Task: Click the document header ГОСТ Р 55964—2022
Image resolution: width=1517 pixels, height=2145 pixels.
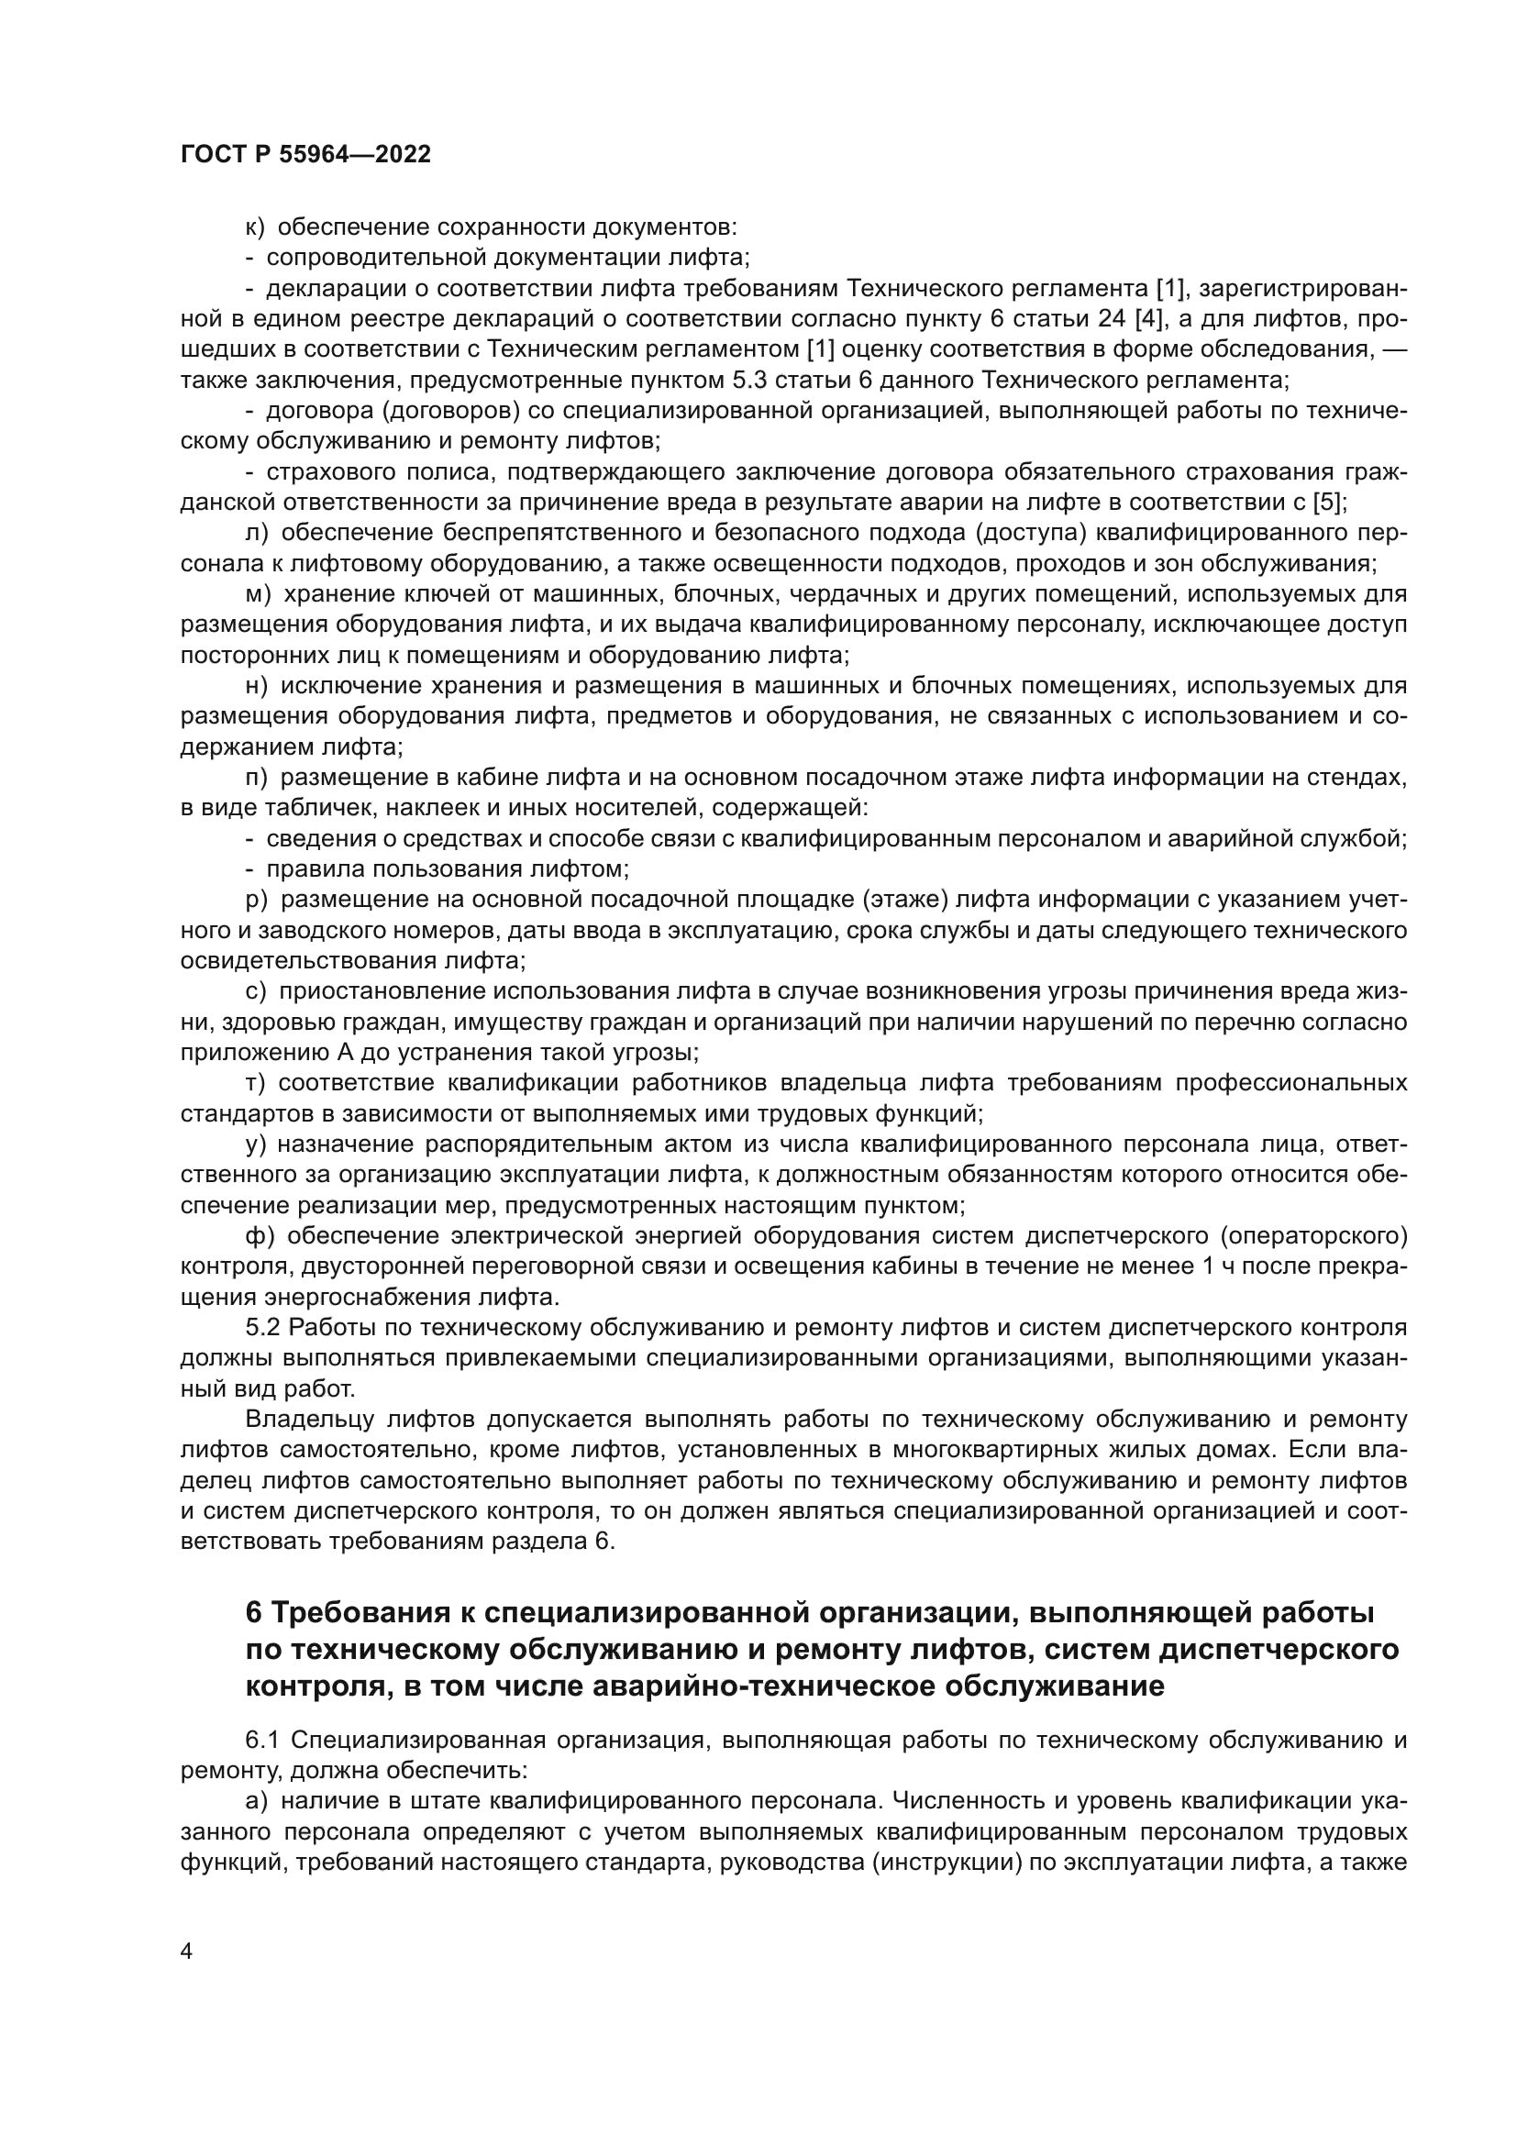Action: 305,155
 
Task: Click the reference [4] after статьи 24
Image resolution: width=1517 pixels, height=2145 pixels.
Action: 1147,318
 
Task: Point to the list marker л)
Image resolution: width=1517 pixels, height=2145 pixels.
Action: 257,534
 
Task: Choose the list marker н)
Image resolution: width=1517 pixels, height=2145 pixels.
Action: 257,686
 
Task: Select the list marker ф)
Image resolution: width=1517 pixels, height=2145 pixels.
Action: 260,1237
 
